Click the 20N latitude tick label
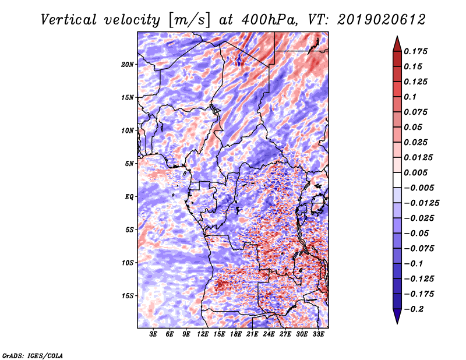[128, 65]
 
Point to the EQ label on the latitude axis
[129, 197]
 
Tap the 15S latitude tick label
[128, 296]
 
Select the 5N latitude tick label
[129, 164]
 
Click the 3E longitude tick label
[153, 334]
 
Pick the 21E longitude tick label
[252, 334]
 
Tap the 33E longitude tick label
[318, 334]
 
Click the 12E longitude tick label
[203, 334]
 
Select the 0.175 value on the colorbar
[415, 51]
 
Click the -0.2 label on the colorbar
[414, 309]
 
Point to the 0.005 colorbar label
[415, 172]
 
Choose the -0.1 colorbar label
[414, 264]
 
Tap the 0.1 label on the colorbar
[410, 97]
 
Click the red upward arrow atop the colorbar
[397, 44]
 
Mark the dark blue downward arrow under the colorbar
[397, 316]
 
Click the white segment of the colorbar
[397, 180]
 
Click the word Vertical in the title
[69, 20]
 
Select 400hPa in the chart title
[269, 20]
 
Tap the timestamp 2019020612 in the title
[382, 20]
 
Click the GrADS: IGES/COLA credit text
[33, 355]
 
